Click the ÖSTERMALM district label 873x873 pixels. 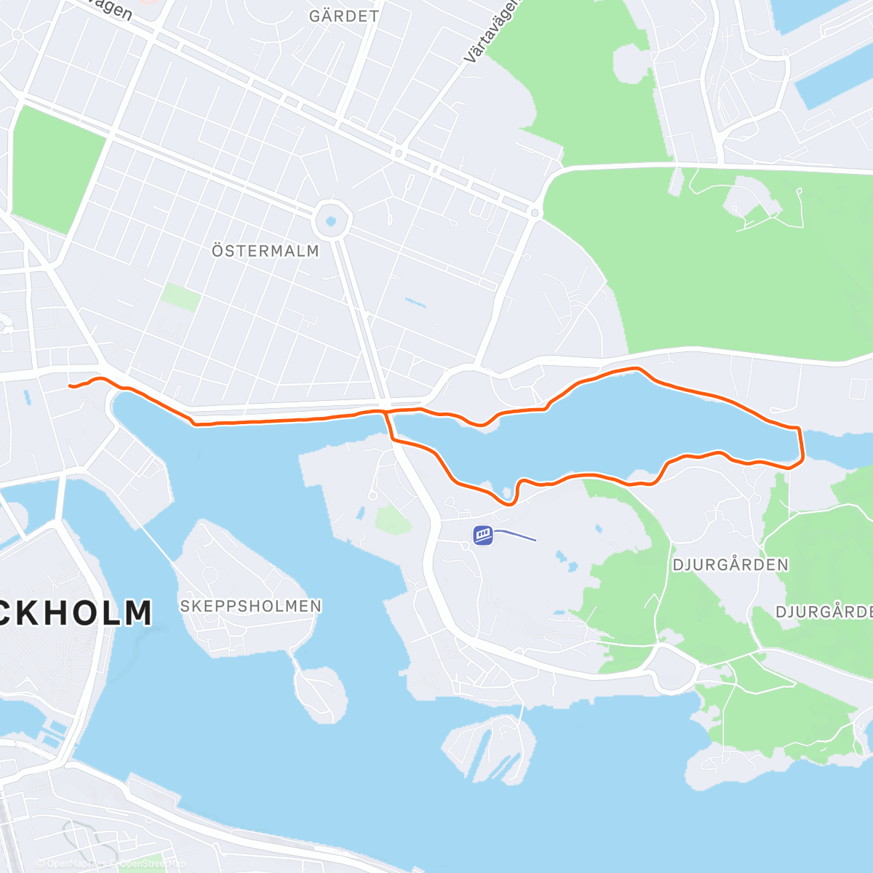click(266, 251)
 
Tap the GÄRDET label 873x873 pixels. click(343, 16)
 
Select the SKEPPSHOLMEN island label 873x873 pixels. click(250, 606)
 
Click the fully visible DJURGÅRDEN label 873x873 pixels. click(730, 565)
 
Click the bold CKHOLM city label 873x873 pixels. click(76, 613)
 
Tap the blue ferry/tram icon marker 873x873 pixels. click(483, 535)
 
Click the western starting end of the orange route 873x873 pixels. click(70, 386)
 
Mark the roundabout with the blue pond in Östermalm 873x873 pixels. click(332, 219)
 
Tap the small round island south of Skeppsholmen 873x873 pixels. click(319, 692)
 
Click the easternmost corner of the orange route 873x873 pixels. click(802, 458)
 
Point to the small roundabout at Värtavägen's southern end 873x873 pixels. click(535, 212)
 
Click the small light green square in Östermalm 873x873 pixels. click(180, 297)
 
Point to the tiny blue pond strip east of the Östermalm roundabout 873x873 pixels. click(415, 302)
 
